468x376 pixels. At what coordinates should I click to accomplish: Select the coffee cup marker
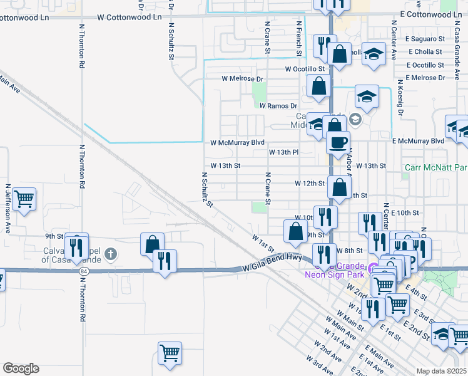[338, 142]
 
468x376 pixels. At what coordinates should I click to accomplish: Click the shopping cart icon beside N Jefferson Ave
[24, 200]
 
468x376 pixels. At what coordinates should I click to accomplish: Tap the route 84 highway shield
[83, 271]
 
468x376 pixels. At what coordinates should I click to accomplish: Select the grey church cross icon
[111, 254]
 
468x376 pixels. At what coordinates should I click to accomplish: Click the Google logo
[21, 368]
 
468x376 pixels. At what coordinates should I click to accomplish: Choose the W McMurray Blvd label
[238, 142]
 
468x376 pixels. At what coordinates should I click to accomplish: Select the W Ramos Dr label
[278, 107]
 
